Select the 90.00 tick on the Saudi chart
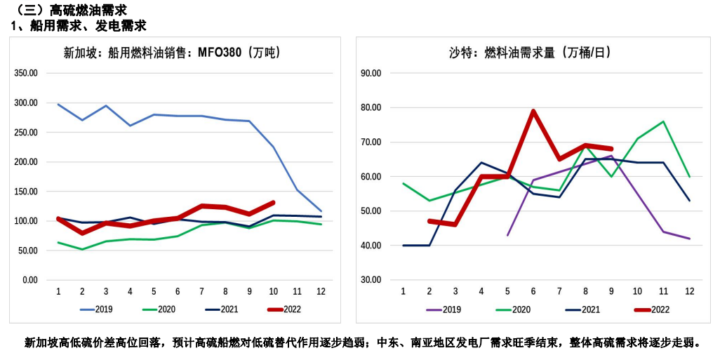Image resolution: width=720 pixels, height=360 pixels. point(370,73)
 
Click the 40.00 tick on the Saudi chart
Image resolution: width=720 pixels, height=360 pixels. point(370,246)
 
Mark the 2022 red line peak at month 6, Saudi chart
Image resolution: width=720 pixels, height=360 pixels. point(534,111)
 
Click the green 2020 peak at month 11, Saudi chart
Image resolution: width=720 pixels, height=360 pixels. point(664,121)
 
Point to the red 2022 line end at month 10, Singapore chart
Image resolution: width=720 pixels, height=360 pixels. point(274,203)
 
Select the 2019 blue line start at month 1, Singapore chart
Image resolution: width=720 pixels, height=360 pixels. point(58,105)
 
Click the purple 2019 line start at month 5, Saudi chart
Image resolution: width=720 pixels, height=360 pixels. point(508,235)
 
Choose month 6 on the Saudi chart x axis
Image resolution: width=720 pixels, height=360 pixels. point(534,291)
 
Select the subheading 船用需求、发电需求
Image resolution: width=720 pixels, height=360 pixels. point(88,25)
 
